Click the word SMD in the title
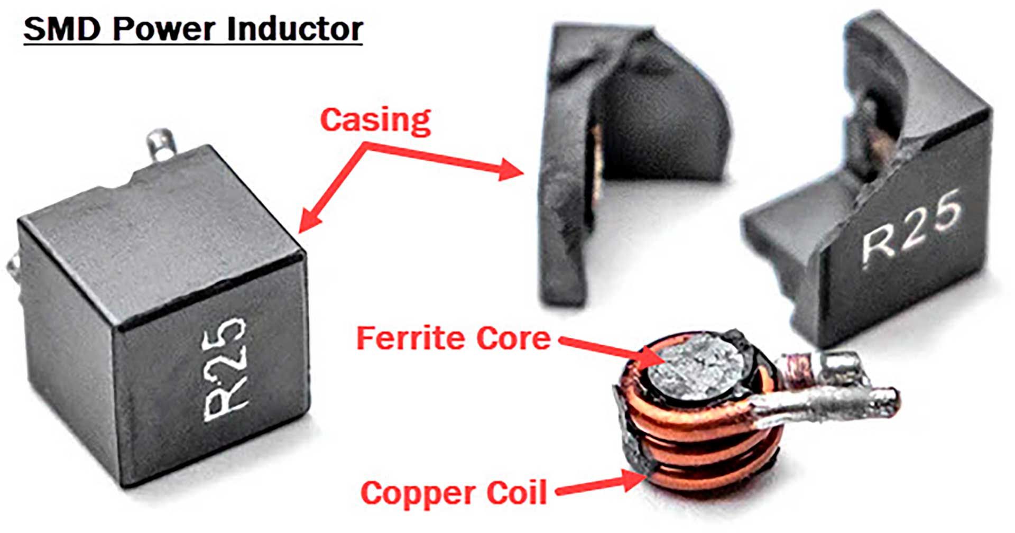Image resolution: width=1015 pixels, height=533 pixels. tap(61, 30)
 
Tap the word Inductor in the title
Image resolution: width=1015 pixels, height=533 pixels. tap(294, 30)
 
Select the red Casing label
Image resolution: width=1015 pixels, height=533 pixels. tap(375, 121)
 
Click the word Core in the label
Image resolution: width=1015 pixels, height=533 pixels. tap(513, 338)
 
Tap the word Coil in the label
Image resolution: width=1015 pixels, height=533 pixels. tap(516, 493)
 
